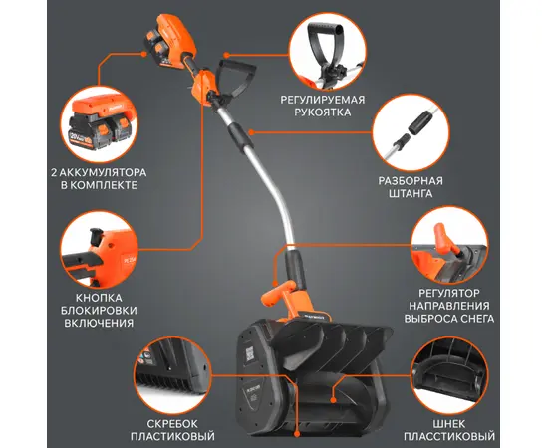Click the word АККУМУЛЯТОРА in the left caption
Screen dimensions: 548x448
tap(104, 173)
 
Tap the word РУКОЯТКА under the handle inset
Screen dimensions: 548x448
tap(322, 112)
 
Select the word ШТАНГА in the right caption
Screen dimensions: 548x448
tap(411, 193)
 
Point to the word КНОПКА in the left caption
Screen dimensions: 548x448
tap(99, 298)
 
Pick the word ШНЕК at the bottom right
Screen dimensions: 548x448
tap(449, 424)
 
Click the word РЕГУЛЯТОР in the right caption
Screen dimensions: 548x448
tap(449, 293)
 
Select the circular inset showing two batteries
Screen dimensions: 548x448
tap(99, 124)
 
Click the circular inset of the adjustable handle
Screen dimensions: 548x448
tap(328, 52)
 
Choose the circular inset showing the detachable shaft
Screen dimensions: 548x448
tap(411, 132)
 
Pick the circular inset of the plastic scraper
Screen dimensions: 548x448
tap(172, 376)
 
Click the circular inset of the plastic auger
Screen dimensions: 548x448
tap(449, 376)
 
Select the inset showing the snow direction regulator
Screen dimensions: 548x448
tap(449, 245)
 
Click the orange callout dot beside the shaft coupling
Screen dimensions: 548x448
tap(251, 132)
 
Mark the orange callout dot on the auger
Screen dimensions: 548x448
tap(333, 400)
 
